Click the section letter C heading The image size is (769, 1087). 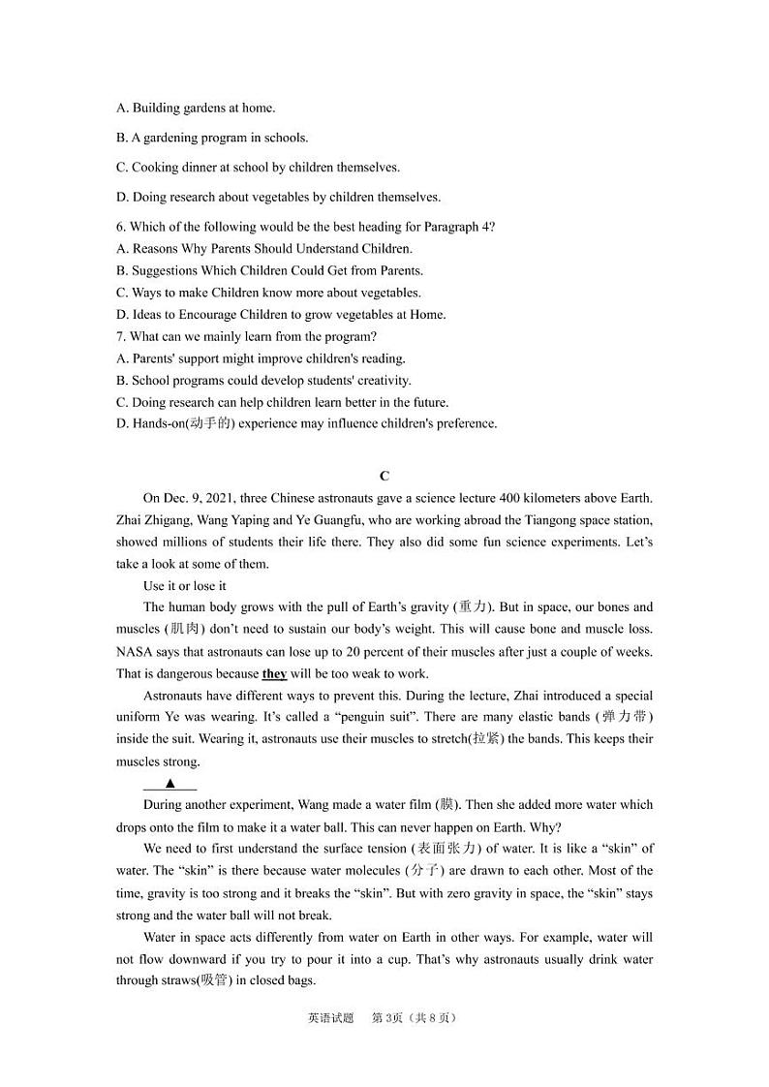(x=384, y=476)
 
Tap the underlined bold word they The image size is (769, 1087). (x=274, y=674)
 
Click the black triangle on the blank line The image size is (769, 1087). (x=169, y=784)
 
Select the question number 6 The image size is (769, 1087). (x=119, y=227)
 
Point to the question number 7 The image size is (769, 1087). (x=119, y=337)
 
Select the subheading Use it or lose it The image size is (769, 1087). (x=184, y=586)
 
